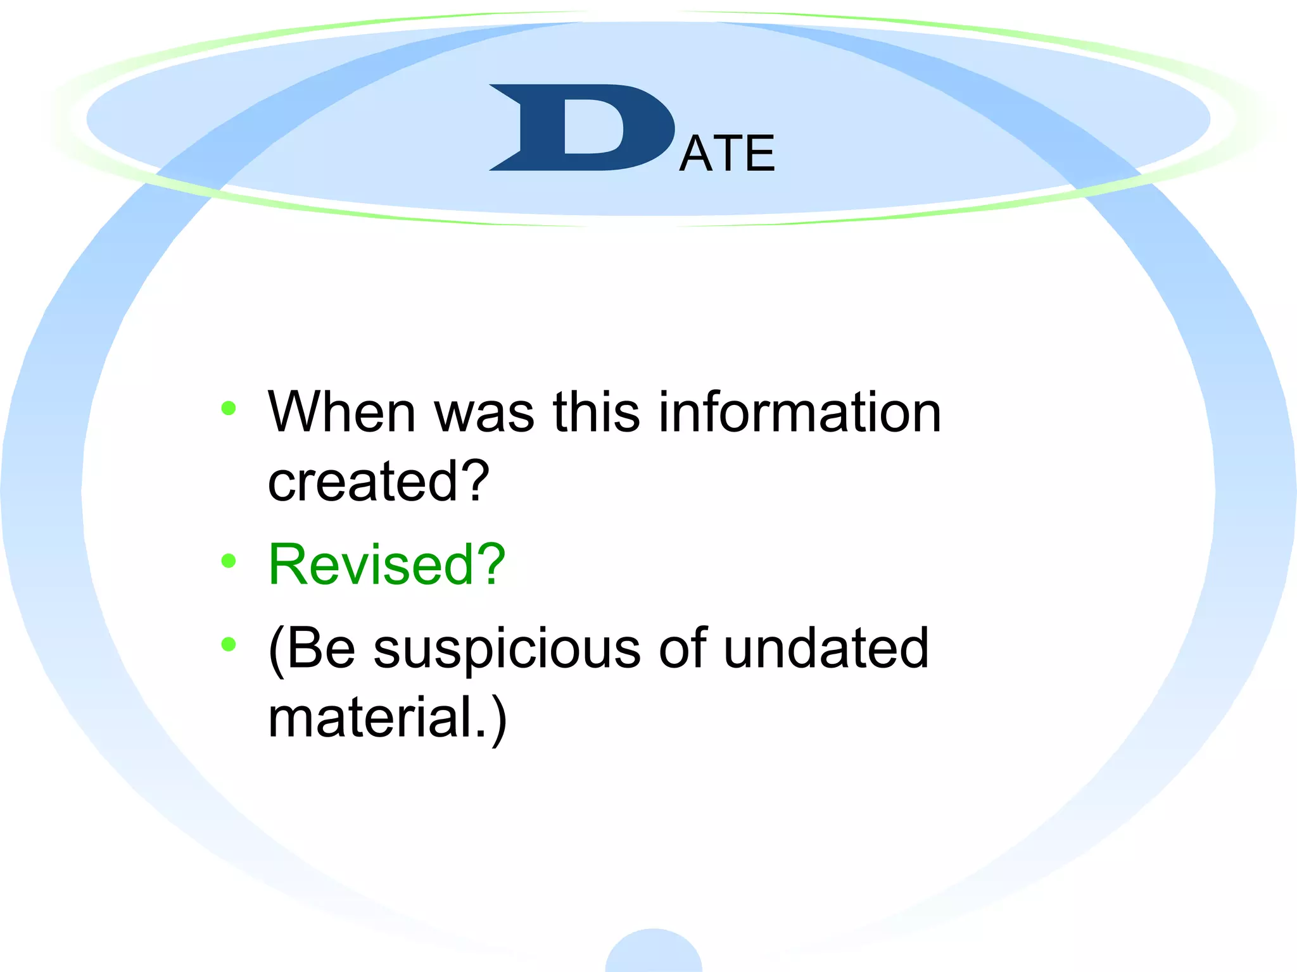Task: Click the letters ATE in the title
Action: [x=726, y=154]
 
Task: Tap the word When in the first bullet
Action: [x=341, y=413]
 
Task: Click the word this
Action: [x=596, y=413]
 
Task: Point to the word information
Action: [x=800, y=413]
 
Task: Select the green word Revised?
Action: [x=386, y=564]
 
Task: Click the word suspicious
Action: [x=507, y=650]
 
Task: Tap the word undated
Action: [x=826, y=648]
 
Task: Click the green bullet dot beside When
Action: [x=229, y=408]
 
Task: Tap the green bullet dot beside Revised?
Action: [x=229, y=560]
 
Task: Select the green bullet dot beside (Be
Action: [x=229, y=644]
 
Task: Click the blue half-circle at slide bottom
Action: [x=654, y=952]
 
